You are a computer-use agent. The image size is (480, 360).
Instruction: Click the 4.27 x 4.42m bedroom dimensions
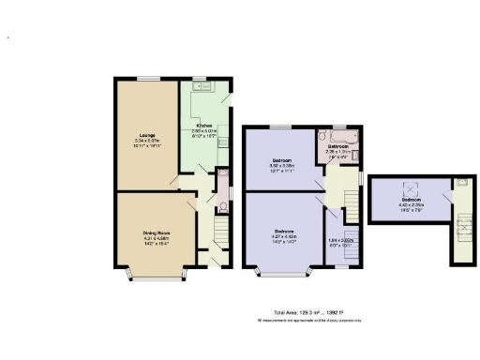[x=285, y=236]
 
